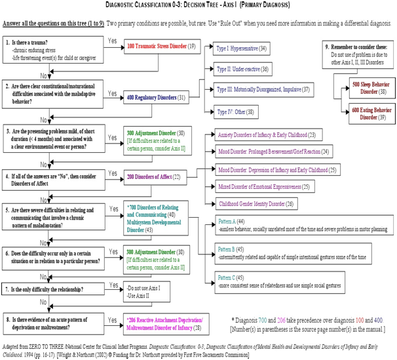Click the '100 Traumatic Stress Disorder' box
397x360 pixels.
pyautogui.click(x=161, y=47)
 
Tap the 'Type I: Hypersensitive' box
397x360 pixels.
pyautogui.click(x=242, y=49)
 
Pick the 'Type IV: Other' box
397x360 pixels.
pyautogui.click(x=236, y=111)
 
